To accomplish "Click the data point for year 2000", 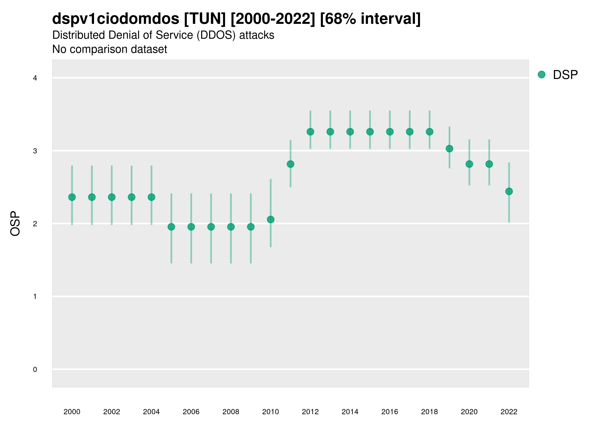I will [72, 197].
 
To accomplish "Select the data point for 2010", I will [270, 220].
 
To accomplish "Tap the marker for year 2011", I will [291, 164].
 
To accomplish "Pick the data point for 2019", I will [449, 149].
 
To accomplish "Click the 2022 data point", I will [509, 191].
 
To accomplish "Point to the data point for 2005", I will [171, 227].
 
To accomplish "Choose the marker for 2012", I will [310, 132].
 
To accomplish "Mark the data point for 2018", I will [429, 132].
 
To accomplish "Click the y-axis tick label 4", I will [35, 78].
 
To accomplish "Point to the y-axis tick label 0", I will [35, 370].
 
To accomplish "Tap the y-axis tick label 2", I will [35, 224].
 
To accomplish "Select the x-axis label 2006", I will [191, 412].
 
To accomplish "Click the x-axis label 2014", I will [350, 412].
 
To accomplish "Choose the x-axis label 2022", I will [509, 412].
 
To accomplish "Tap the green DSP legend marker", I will [542, 75].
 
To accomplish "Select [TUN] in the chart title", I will [205, 19].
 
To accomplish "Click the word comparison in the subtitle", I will [105, 49].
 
